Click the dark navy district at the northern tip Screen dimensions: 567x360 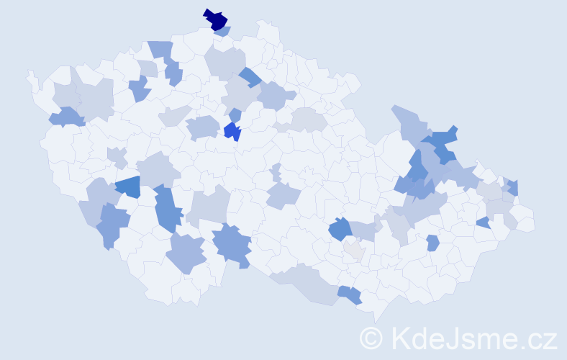[216, 19]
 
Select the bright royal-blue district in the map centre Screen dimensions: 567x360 [232, 131]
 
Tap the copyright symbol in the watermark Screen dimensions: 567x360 [372, 338]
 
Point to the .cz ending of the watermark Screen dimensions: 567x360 [535, 338]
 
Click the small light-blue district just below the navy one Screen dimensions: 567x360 [223, 32]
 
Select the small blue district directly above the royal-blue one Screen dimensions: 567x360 [235, 114]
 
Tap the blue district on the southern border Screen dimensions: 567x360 [350, 294]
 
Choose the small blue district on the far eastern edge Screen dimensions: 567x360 [513, 188]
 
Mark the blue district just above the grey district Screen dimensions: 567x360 [339, 230]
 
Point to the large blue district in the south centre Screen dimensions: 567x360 [232, 243]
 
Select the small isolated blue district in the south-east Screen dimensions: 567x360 [432, 243]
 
